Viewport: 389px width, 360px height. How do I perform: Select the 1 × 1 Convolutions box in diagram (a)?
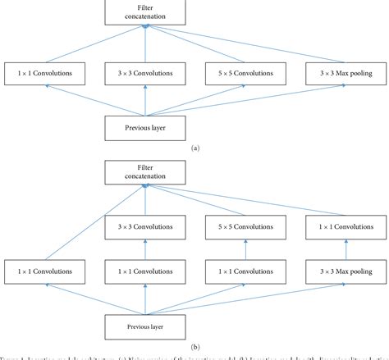48,73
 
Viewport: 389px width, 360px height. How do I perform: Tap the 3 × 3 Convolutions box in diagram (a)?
145,73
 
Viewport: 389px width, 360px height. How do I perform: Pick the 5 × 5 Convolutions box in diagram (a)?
244,73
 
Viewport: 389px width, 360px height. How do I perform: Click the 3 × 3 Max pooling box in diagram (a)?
340,73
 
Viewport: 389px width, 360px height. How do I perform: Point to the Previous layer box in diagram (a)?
145,126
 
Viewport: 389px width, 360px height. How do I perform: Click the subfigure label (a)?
194,148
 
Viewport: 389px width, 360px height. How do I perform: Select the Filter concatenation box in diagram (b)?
145,172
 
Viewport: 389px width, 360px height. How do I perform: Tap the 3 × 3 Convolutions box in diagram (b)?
145,226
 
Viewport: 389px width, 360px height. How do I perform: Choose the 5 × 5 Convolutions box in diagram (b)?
244,226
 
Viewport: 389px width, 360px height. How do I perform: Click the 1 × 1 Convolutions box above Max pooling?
340,226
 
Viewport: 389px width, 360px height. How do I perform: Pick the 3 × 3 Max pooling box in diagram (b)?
340,270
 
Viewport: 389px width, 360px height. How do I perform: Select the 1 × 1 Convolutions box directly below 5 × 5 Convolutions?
244,270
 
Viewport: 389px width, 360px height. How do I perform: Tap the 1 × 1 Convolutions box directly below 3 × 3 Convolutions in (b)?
145,270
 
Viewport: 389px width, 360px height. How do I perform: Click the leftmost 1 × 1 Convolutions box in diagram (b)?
48,270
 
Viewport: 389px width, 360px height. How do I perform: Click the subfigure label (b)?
194,346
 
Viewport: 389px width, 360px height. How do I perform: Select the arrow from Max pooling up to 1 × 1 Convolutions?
340,248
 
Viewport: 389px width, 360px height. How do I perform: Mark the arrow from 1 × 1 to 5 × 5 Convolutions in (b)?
244,248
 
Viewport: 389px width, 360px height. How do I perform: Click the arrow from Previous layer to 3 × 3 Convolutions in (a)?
145,99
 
